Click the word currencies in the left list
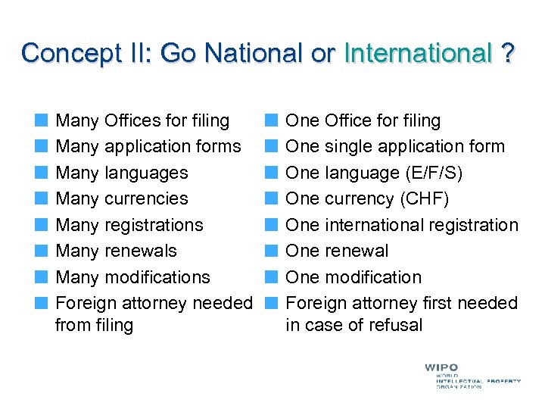tap(147, 199)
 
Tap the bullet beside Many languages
tap(45, 173)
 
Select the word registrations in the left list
tap(154, 225)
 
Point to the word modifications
tap(157, 277)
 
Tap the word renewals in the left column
tap(141, 251)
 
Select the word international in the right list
tap(373, 225)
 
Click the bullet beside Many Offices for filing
tap(45, 120)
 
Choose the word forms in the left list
tap(220, 146)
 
